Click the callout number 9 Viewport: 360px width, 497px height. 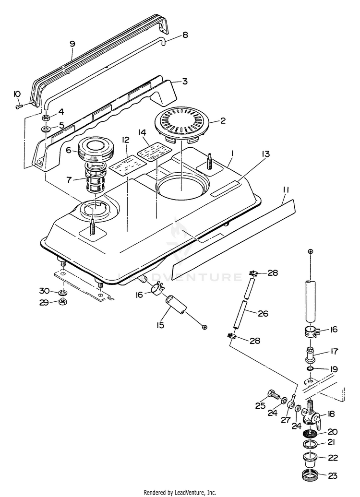[72, 44]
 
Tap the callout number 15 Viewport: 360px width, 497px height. [160, 325]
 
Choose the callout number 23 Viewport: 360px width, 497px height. [332, 476]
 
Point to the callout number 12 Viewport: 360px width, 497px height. [125, 140]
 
